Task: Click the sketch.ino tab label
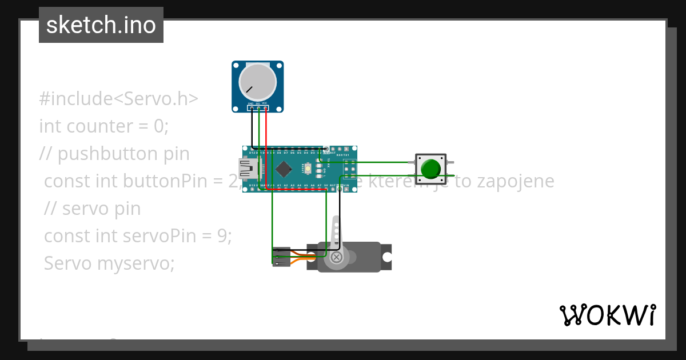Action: pyautogui.click(x=101, y=25)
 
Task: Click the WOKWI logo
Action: pyautogui.click(x=607, y=315)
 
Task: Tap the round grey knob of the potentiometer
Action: pyautogui.click(x=257, y=79)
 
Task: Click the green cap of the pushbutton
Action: pyautogui.click(x=430, y=169)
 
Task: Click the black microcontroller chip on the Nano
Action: pyautogui.click(x=284, y=169)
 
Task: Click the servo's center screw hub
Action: pyautogui.click(x=337, y=257)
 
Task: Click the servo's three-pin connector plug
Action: pyautogui.click(x=281, y=256)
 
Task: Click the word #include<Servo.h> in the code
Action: pyautogui.click(x=118, y=99)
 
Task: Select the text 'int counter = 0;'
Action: pyautogui.click(x=104, y=126)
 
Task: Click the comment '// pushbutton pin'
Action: pyautogui.click(x=114, y=153)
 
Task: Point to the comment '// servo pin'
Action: pyautogui.click(x=93, y=209)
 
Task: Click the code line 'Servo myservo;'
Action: pyautogui.click(x=109, y=263)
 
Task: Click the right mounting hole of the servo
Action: pyautogui.click(x=387, y=257)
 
